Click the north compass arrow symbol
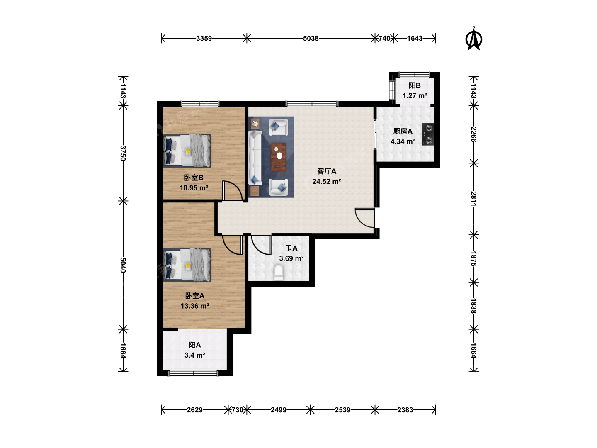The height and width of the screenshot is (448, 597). pyautogui.click(x=473, y=39)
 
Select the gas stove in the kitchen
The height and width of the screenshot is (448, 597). pyautogui.click(x=428, y=134)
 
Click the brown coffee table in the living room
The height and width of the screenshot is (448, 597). pyautogui.click(x=279, y=157)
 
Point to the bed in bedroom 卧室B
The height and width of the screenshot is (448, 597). pyautogui.click(x=187, y=151)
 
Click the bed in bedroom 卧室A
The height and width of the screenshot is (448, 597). pyautogui.click(x=187, y=265)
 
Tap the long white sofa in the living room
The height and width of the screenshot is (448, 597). pyautogui.click(x=255, y=158)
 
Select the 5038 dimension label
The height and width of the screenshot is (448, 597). pyautogui.click(x=311, y=38)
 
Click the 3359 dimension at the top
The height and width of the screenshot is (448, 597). pyautogui.click(x=204, y=38)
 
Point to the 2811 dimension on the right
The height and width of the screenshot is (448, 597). pyautogui.click(x=473, y=199)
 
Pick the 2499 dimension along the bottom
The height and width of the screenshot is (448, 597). pyautogui.click(x=279, y=410)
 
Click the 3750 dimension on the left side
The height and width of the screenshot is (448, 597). pyautogui.click(x=123, y=153)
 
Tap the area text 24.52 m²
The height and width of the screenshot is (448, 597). pyautogui.click(x=327, y=181)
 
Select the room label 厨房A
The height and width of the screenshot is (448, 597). pyautogui.click(x=403, y=131)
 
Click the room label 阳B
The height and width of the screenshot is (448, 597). pyautogui.click(x=415, y=86)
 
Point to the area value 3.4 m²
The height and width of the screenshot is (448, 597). pyautogui.click(x=195, y=355)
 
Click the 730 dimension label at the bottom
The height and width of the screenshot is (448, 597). pyautogui.click(x=238, y=410)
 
